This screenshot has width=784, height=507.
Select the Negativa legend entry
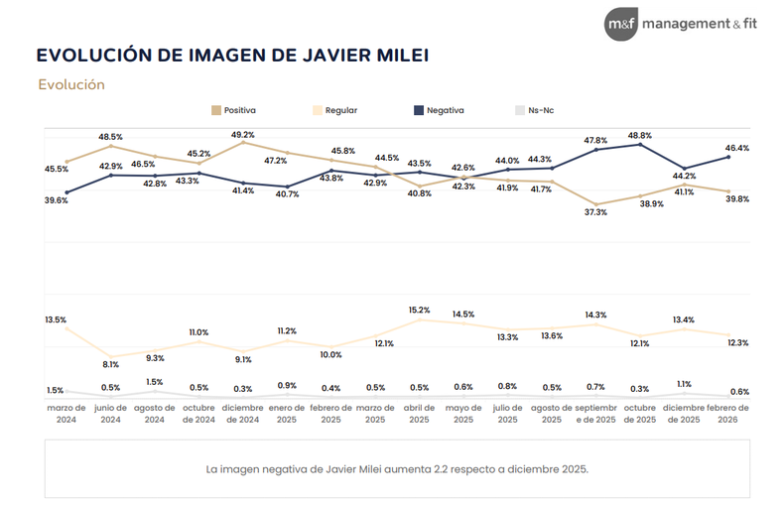437,111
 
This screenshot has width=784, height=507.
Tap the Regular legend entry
334,111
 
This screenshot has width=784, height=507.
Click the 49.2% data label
243,134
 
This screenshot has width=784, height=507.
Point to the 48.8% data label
640,135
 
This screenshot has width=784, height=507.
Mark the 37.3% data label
596,212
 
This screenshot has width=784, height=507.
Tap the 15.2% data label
419,309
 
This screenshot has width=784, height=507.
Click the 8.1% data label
110,364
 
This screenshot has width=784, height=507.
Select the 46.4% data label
737,148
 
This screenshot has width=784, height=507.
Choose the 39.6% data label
56,199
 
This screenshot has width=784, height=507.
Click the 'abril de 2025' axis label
419,413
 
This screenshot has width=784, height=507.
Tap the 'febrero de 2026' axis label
728,413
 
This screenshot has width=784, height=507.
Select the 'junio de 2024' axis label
110,413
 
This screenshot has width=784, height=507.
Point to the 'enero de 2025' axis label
287,413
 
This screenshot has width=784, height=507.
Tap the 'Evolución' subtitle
71,84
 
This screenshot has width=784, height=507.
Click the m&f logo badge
621,22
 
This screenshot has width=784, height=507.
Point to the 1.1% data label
685,383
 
